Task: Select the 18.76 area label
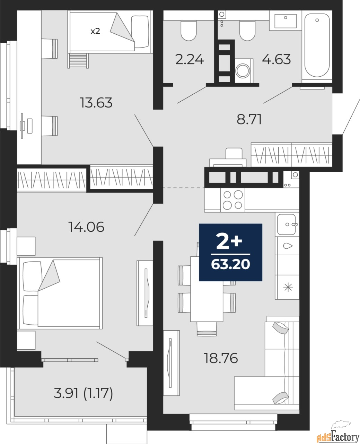[221, 358]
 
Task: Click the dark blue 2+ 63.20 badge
[230, 252]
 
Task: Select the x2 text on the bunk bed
[95, 31]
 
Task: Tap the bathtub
[317, 45]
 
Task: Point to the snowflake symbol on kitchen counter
[287, 287]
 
